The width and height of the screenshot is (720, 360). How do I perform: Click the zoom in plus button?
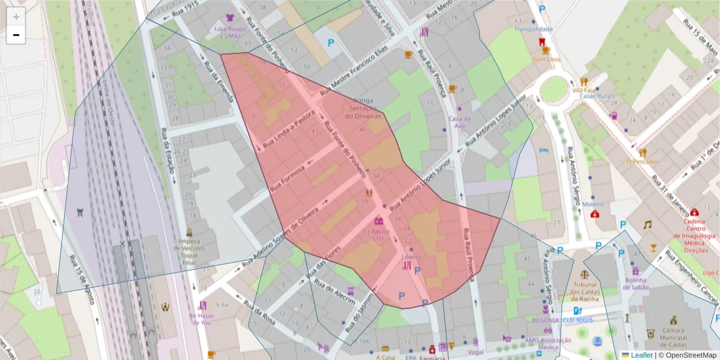(16, 17)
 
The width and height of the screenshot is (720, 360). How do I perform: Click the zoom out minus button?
(16, 35)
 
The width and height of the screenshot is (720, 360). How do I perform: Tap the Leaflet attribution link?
(641, 355)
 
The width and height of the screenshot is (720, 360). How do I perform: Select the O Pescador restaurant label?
(642, 161)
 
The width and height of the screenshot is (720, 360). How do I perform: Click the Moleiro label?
(593, 204)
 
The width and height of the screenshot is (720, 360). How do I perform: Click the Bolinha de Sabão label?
(635, 283)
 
